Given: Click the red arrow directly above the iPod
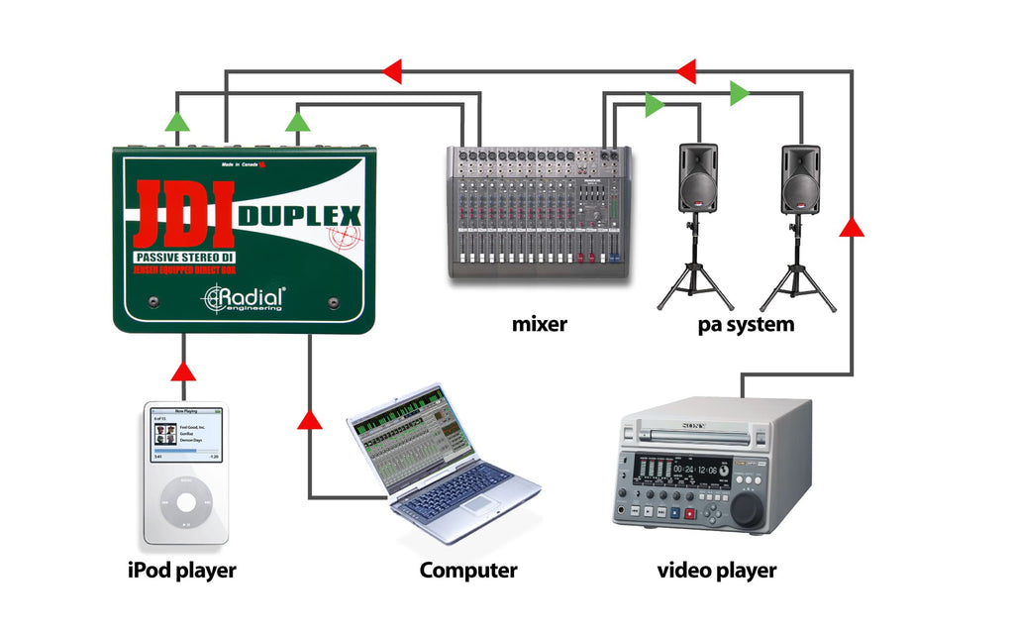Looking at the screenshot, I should click(x=183, y=372).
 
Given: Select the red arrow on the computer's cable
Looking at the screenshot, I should click(x=311, y=419).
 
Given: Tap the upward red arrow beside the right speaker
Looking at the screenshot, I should click(x=852, y=226).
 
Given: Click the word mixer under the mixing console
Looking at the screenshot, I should click(x=539, y=324).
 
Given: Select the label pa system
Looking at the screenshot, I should click(x=745, y=324).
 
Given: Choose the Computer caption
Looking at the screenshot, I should click(x=467, y=571).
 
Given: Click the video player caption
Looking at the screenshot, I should click(x=717, y=571).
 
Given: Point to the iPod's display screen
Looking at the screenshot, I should click(x=186, y=437).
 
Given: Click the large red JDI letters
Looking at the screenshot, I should click(x=184, y=214).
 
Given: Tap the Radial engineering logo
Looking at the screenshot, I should click(x=245, y=297).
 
